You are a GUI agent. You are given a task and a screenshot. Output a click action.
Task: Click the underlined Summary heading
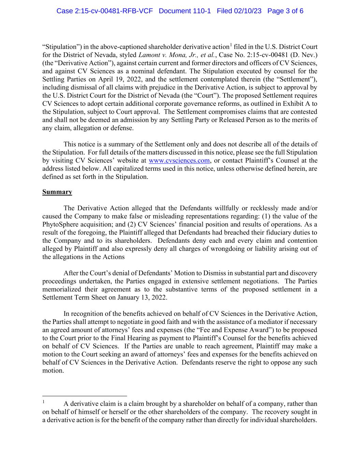tap(57, 192)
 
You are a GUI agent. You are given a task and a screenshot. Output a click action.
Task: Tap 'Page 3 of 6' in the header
tap(285, 11)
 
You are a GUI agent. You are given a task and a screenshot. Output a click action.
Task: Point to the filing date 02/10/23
tap(248, 11)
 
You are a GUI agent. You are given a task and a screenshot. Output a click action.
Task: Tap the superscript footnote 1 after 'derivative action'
tap(231, 45)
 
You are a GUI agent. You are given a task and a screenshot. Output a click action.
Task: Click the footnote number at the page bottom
tap(44, 402)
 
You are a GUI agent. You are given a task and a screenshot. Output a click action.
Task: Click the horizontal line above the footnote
tap(84, 396)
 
